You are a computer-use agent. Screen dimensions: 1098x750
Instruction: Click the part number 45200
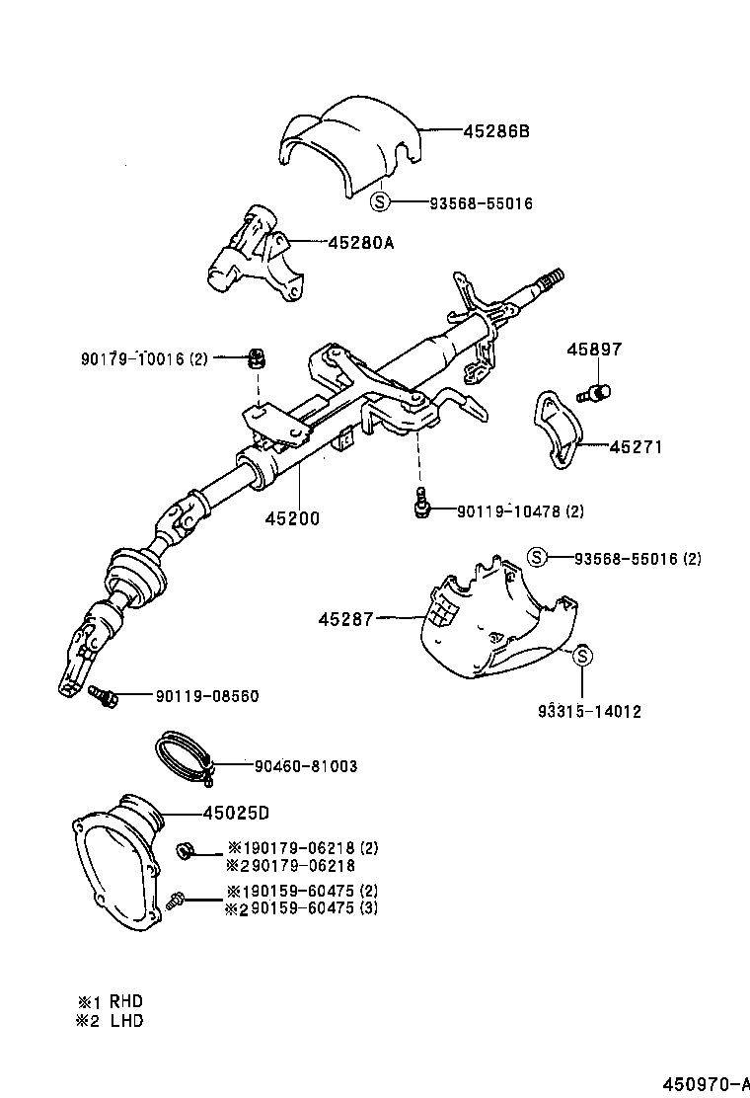(291, 517)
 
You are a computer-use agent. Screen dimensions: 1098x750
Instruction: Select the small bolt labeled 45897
(597, 393)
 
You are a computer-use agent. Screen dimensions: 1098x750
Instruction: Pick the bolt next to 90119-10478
(421, 505)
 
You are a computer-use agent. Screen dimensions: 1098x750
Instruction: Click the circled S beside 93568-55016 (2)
(536, 558)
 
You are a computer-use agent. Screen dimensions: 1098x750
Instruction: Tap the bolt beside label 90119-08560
(102, 695)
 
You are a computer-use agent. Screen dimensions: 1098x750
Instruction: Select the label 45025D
(236, 813)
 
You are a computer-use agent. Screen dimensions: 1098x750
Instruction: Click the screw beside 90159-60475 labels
(178, 900)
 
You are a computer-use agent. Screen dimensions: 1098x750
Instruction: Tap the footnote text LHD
(125, 1021)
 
